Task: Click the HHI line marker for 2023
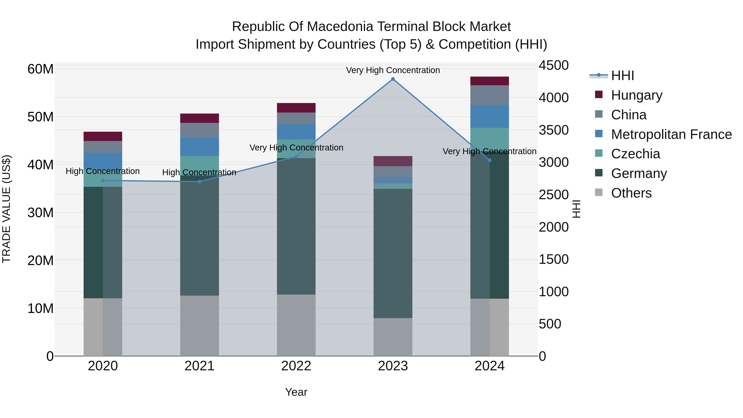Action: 393,79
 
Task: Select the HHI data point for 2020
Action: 103,181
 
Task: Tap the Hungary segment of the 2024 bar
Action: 490,81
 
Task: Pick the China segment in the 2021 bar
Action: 200,130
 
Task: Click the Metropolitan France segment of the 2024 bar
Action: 490,117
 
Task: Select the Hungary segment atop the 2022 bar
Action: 296,108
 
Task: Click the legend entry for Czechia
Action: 635,154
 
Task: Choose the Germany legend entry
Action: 639,173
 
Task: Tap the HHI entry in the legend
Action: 622,76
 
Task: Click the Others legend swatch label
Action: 631,193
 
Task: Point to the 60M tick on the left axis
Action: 40,69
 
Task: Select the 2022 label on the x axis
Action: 296,366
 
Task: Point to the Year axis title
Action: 296,392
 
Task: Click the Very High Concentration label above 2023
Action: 393,70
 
